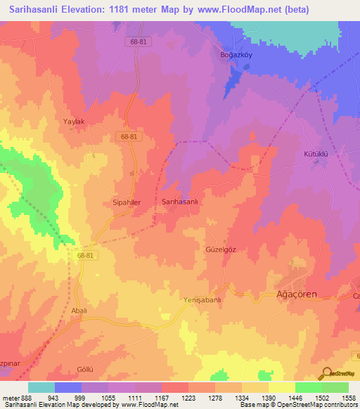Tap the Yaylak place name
[x=74, y=122]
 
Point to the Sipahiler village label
[x=127, y=202]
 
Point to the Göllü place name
[x=84, y=370]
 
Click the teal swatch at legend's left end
[x=41, y=387]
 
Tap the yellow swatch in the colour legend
[x=281, y=387]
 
